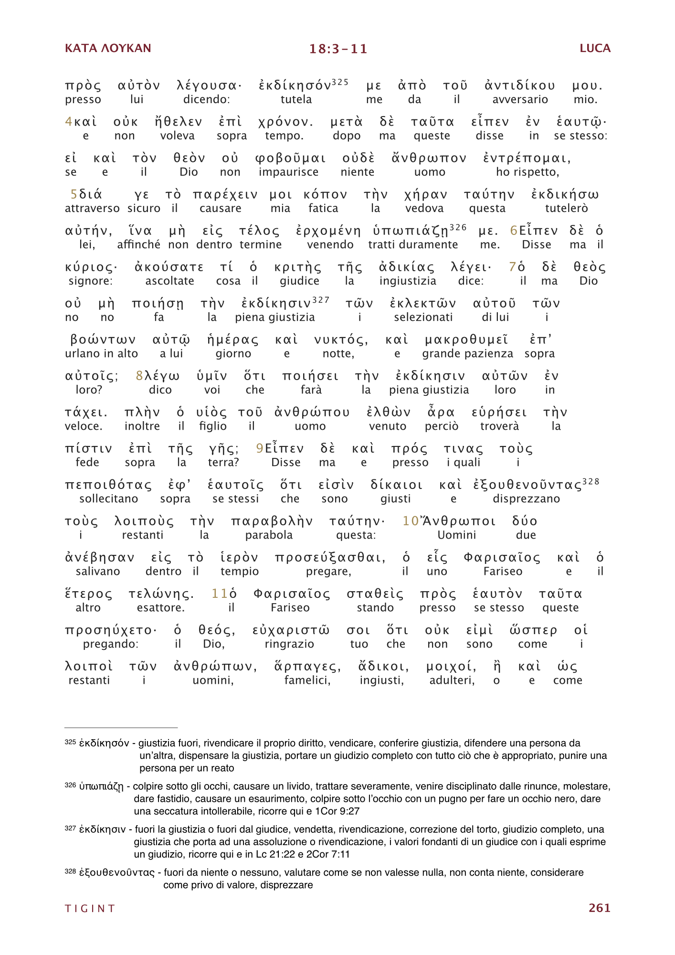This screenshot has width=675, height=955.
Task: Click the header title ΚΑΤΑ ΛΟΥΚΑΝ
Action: [108, 48]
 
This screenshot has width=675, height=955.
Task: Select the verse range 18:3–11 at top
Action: [338, 49]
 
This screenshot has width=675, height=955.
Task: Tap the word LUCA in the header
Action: [595, 48]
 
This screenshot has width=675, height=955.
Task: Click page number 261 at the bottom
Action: [599, 908]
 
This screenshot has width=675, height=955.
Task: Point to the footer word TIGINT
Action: [90, 908]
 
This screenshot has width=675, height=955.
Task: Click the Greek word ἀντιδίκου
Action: [519, 86]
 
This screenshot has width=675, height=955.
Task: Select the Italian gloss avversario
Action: [520, 99]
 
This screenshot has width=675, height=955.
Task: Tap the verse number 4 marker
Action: [68, 122]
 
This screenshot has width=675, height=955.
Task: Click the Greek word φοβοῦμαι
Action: [290, 159]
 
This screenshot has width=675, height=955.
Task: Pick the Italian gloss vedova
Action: [424, 208]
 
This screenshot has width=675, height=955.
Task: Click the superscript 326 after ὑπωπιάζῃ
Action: [458, 227]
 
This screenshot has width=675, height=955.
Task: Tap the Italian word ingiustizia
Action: [408, 281]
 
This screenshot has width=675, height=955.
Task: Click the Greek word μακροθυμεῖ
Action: [466, 340]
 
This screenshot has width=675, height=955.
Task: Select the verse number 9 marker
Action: [260, 448]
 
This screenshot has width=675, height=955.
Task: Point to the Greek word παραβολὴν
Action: [272, 521]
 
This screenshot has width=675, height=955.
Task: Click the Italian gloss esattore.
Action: [160, 607]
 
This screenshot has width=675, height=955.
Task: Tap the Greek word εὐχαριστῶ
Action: [291, 630]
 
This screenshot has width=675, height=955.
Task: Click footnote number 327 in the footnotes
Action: [70, 828]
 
